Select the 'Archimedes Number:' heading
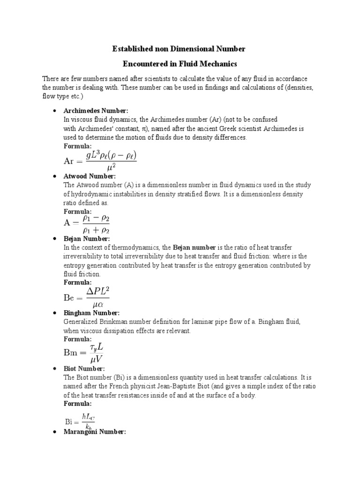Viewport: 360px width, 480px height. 95,111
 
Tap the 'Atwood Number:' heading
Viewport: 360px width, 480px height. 89,176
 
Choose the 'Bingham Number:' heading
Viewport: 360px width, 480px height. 91,313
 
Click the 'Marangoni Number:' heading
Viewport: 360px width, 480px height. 95,432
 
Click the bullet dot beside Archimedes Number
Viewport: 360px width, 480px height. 54,111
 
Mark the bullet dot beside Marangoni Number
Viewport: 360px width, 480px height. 54,432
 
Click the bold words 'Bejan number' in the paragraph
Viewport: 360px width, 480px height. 194,247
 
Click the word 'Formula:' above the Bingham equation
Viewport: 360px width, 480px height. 78,339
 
